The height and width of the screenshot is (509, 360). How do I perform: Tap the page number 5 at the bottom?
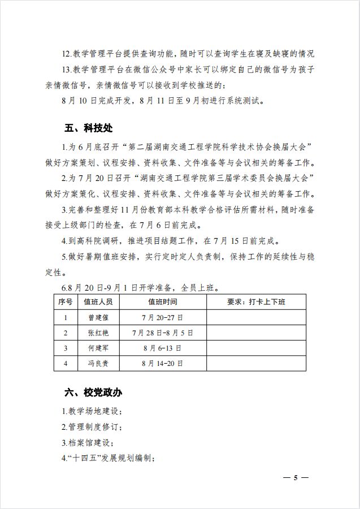[296, 478]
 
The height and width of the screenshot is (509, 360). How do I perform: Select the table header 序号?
[66, 302]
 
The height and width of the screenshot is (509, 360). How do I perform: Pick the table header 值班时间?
[162, 302]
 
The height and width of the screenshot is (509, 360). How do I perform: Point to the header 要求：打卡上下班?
[256, 302]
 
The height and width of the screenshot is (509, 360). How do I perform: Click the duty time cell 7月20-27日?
[162, 317]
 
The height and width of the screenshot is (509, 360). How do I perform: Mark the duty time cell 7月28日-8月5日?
[162, 333]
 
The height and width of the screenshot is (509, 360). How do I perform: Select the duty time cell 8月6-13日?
[162, 348]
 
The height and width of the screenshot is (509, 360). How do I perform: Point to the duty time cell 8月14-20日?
[162, 363]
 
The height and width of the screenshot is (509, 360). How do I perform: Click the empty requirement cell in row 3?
[256, 348]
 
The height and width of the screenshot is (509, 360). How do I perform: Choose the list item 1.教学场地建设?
[91, 411]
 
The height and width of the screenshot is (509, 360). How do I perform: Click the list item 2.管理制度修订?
[91, 427]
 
